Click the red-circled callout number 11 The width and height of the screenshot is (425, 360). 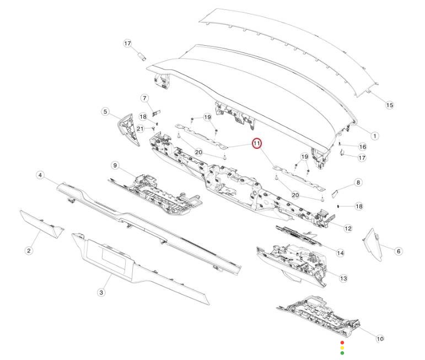tap(256, 143)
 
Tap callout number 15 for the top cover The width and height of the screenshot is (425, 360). tap(389, 105)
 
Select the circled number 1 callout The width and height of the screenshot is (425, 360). tap(375, 136)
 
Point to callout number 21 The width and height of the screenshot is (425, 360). tap(140, 128)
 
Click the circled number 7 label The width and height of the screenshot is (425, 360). tap(144, 98)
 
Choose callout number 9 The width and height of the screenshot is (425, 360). tap(115, 165)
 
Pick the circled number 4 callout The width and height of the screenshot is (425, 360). tap(40, 175)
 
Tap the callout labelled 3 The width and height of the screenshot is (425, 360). tap(101, 292)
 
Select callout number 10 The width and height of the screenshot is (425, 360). tap(380, 338)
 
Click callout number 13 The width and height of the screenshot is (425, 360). tap(343, 278)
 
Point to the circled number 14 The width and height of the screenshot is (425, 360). tap(340, 253)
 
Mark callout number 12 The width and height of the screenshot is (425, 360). tap(348, 229)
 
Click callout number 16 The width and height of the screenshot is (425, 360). tap(362, 147)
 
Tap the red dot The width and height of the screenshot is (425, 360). tap(342, 343)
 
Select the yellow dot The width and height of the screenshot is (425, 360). tap(342, 348)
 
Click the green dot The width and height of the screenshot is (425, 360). tap(342, 353)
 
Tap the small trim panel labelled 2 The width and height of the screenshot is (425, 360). tap(42, 224)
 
